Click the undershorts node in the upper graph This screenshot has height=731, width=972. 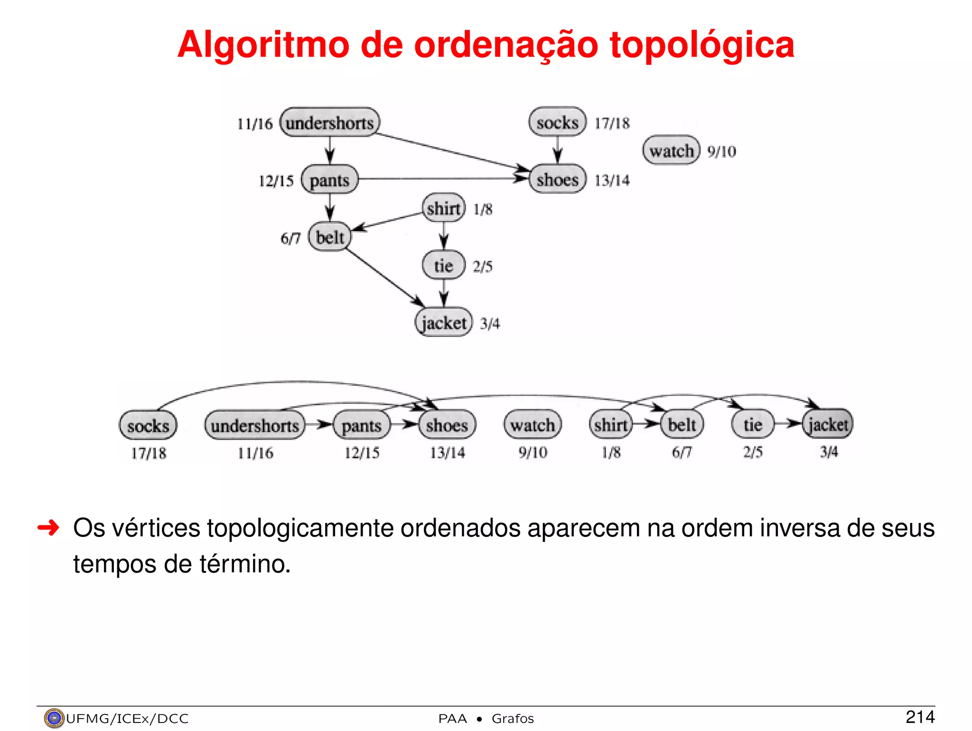[330, 122]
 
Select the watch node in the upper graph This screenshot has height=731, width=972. [671, 150]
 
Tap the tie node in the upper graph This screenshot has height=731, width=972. [443, 265]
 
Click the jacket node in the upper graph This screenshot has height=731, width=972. [444, 323]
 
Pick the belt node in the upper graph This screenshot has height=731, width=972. [330, 237]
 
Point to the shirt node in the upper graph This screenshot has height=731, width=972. [443, 208]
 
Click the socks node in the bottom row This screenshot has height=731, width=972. [148, 425]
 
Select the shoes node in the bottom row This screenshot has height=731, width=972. [447, 425]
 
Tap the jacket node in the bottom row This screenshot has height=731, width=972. [828, 424]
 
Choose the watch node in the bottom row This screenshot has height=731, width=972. [533, 425]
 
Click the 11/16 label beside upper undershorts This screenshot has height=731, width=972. [255, 124]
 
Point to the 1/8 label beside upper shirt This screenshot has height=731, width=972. [483, 209]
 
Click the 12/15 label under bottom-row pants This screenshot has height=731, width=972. [362, 453]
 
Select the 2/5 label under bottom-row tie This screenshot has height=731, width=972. [753, 452]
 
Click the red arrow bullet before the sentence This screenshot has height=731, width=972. [48, 527]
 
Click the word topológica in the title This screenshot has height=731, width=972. [702, 45]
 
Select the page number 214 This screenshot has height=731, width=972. [920, 717]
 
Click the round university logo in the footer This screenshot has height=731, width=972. [54, 718]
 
